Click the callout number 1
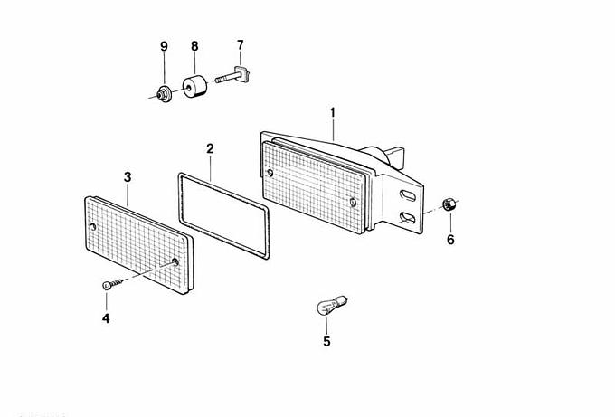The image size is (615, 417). coord(333,113)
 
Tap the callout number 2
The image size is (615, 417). coord(210,148)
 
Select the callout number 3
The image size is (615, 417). coord(128,176)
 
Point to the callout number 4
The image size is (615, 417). coord(106,317)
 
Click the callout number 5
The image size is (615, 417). coord(326,341)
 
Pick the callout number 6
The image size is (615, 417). coord(449,240)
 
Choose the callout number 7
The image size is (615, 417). coord(241,44)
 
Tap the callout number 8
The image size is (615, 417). coord(194,45)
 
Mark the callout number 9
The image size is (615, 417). coord(164,45)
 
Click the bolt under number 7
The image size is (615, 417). coord(233,79)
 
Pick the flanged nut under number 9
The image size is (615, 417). coord(165,91)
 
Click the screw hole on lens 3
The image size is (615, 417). coord(175,263)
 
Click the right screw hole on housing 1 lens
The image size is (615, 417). coord(352,201)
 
